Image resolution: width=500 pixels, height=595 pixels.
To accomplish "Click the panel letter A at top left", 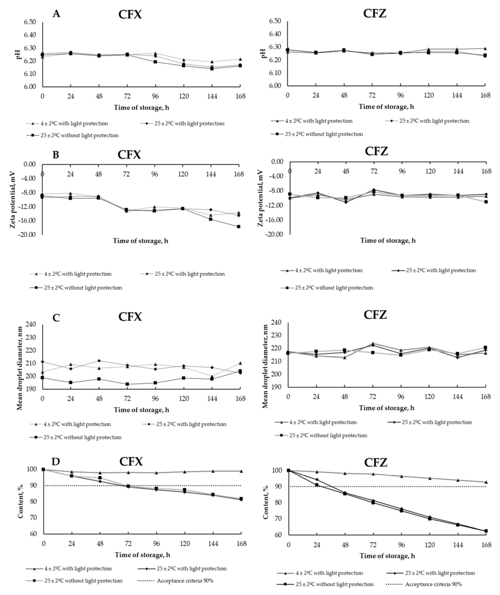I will coord(56,13).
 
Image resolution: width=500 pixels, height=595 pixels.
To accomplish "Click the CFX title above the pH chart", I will coord(130,14).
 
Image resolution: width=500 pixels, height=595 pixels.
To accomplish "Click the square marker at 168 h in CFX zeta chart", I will coord(239,226).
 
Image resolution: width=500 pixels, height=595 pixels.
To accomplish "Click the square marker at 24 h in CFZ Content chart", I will coord(317,485).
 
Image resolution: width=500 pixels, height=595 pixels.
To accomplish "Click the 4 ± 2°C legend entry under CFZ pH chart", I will coord(319,121).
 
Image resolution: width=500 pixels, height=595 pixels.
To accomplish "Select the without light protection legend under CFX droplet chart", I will coord(82,437).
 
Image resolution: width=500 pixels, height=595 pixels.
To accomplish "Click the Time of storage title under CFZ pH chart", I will coord(386,107).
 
